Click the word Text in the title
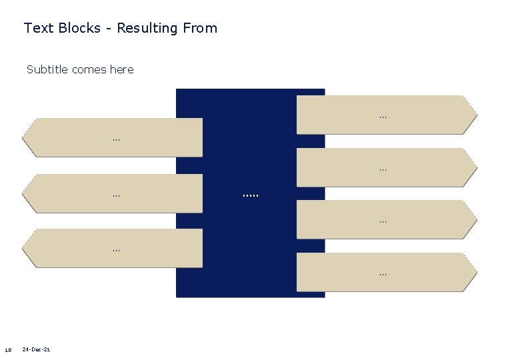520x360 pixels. tap(35, 28)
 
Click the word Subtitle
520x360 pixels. tap(47, 69)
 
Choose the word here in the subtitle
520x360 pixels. tap(122, 69)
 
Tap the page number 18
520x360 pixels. tap(8, 350)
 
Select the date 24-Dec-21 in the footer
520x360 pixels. tap(37, 349)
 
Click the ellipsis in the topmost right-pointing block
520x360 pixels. tap(383, 117)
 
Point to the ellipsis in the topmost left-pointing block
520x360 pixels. tap(116, 140)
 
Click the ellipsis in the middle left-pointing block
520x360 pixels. tap(116, 196)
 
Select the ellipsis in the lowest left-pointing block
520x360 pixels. tap(116, 250)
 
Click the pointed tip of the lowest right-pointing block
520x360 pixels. tap(475, 272)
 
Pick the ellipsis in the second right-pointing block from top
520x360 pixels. tap(383, 170)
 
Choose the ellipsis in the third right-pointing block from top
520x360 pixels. tap(383, 221)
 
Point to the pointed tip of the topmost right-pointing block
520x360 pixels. tap(475, 115)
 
